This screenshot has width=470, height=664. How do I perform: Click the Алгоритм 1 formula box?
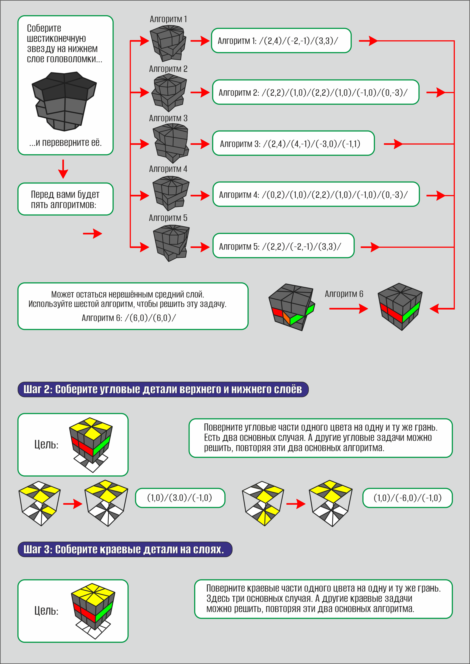click(281, 41)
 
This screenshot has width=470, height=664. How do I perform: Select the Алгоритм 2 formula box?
click(316, 92)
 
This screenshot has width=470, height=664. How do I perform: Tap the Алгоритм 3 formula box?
click(293, 143)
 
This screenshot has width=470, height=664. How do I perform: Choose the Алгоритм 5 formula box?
click(283, 246)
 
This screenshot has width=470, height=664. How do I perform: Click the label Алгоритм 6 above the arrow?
click(344, 294)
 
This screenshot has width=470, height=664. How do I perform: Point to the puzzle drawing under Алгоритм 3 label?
click(171, 143)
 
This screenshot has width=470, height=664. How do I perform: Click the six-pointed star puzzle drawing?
click(64, 101)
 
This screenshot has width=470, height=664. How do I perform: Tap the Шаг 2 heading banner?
click(163, 389)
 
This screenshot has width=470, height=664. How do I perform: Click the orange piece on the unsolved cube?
click(286, 318)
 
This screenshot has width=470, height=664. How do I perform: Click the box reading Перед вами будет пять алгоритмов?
click(65, 199)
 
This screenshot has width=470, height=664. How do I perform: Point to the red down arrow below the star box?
click(63, 169)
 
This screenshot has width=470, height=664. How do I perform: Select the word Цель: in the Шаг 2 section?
click(46, 445)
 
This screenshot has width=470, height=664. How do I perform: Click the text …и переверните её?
click(65, 143)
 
